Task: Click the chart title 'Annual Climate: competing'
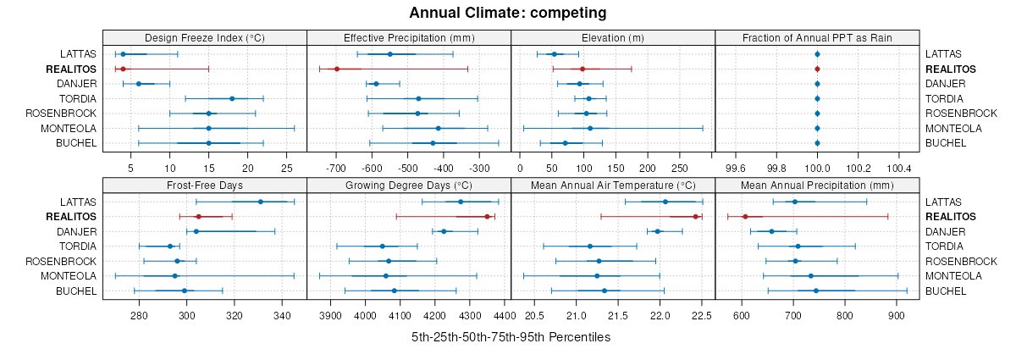pos(507,13)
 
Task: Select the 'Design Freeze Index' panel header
pos(204,37)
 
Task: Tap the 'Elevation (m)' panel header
pos(613,37)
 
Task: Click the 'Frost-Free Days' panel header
pos(204,185)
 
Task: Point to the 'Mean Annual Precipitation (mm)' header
pos(817,185)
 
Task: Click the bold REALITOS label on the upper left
pos(73,69)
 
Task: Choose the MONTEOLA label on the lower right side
pos(953,275)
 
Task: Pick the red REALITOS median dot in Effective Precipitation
pos(337,69)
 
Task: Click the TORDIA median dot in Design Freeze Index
pos(232,98)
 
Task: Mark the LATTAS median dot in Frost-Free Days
pos(260,202)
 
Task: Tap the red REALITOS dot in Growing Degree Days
pos(487,217)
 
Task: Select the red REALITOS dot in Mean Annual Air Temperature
pos(696,217)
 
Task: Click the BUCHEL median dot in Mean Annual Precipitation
pos(816,291)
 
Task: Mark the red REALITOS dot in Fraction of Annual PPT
pos(817,69)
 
